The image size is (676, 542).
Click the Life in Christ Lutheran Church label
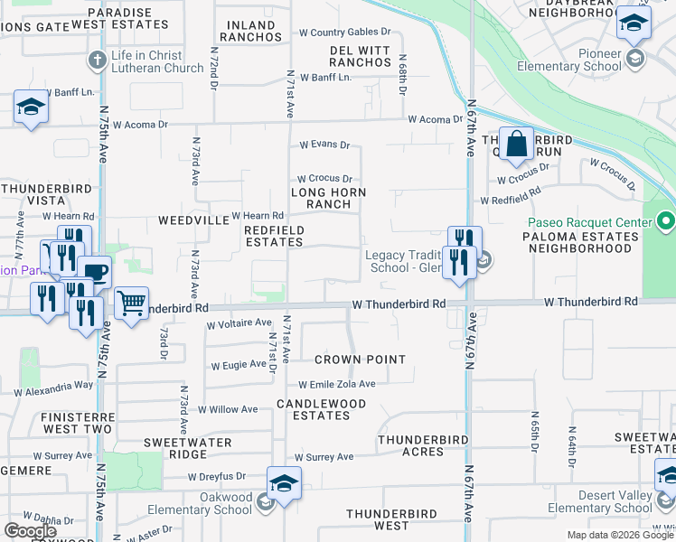click(x=157, y=61)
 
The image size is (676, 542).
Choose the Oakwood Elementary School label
click(x=224, y=503)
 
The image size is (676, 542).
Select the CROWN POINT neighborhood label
click(x=360, y=360)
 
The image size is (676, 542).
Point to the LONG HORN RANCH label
click(x=328, y=198)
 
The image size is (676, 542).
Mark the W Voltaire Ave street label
click(x=239, y=322)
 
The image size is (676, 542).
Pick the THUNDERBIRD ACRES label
click(x=423, y=445)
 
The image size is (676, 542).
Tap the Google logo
click(x=31, y=531)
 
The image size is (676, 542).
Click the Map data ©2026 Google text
click(x=620, y=535)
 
